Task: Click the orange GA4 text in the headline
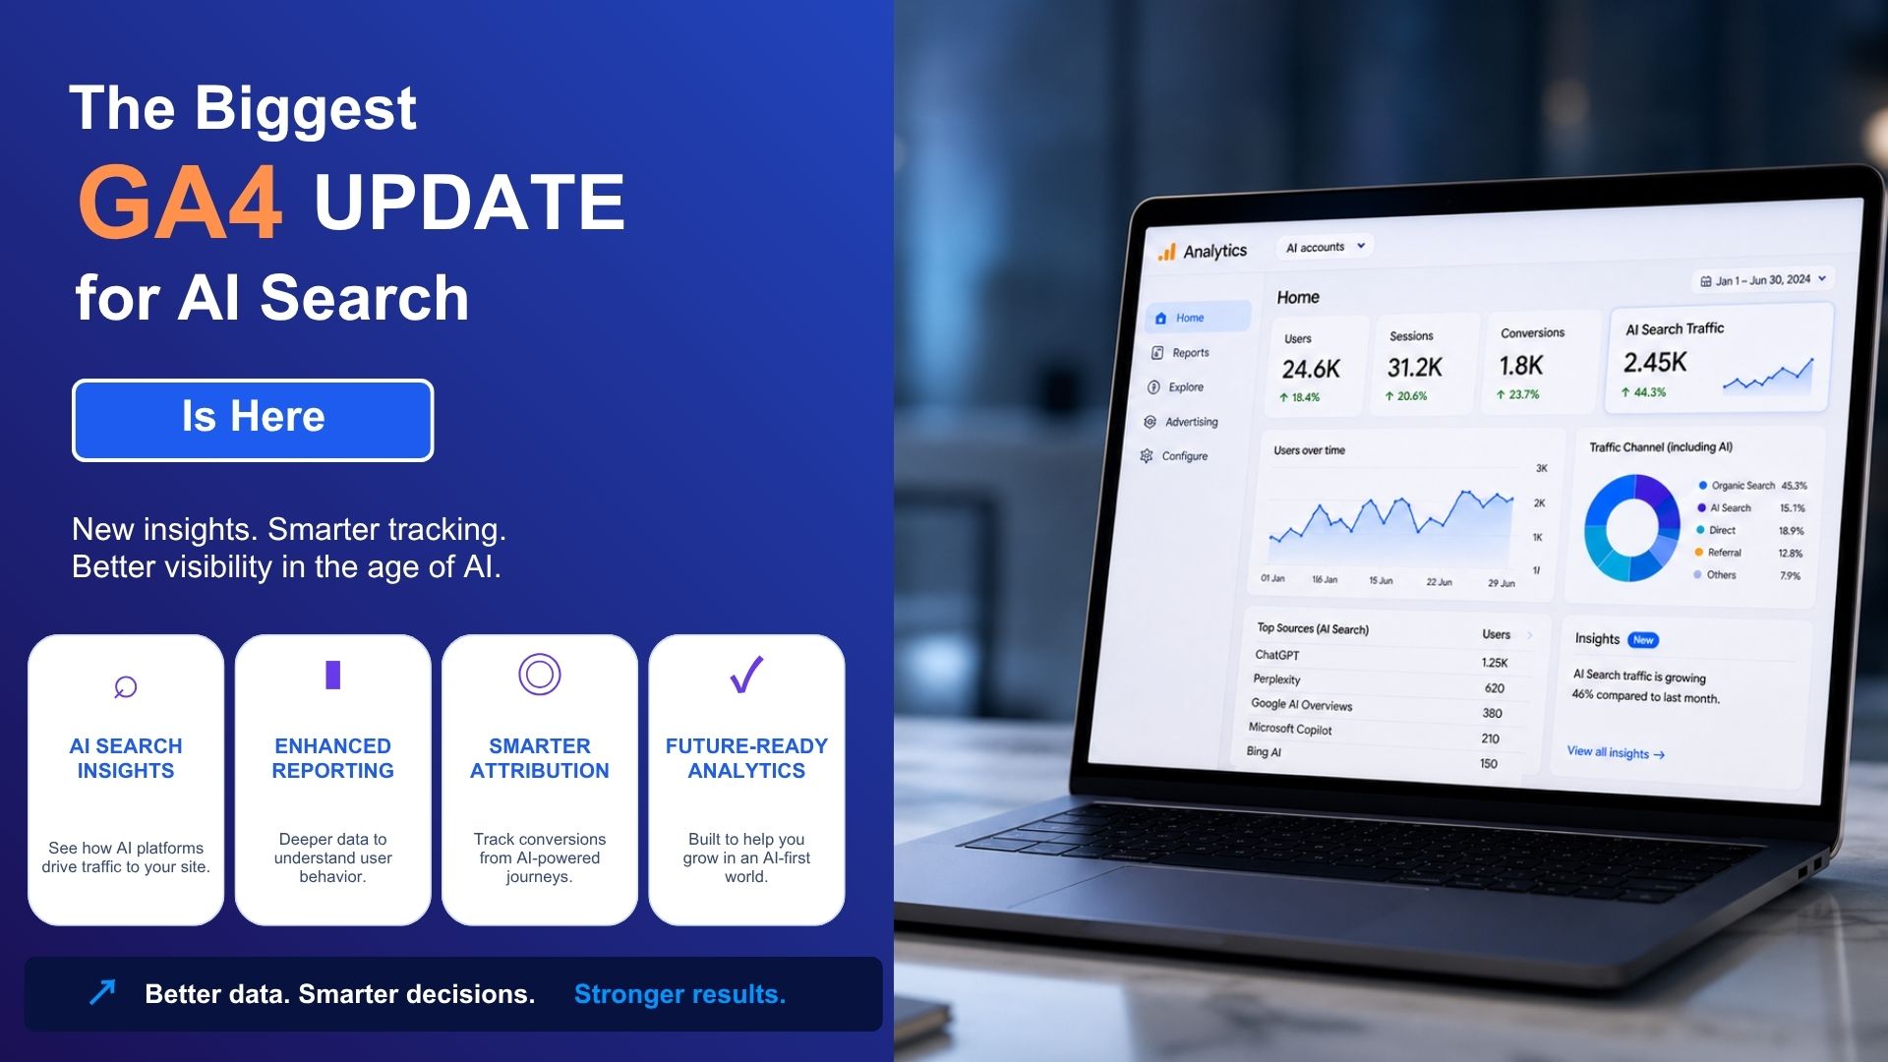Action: coord(181,203)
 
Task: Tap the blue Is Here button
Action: coord(253,420)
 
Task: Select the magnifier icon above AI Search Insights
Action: coord(125,686)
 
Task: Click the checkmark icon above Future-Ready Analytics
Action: coord(746,675)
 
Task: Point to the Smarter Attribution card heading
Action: coord(540,758)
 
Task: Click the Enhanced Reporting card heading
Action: coord(333,758)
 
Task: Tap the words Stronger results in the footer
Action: coord(679,994)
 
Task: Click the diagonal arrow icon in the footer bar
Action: coord(102,992)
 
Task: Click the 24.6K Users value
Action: coord(1311,370)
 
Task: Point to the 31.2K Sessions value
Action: coord(1414,368)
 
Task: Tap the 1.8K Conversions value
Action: coord(1520,366)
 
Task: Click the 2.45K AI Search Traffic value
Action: coord(1655,363)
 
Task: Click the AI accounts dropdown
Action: coord(1325,247)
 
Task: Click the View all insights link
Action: coord(1616,752)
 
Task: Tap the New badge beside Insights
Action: coord(1643,640)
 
